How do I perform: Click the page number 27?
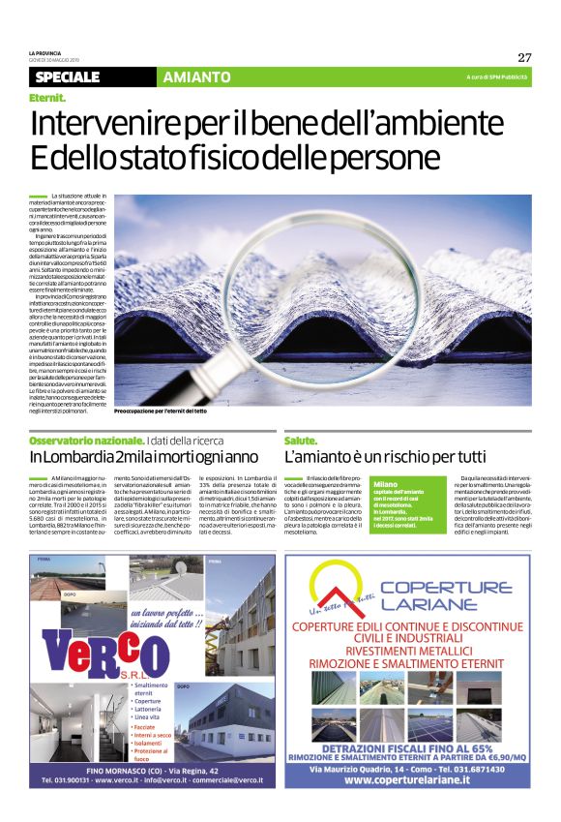point(524,56)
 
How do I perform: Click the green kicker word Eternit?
point(47,98)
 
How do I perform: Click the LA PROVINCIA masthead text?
point(44,52)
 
